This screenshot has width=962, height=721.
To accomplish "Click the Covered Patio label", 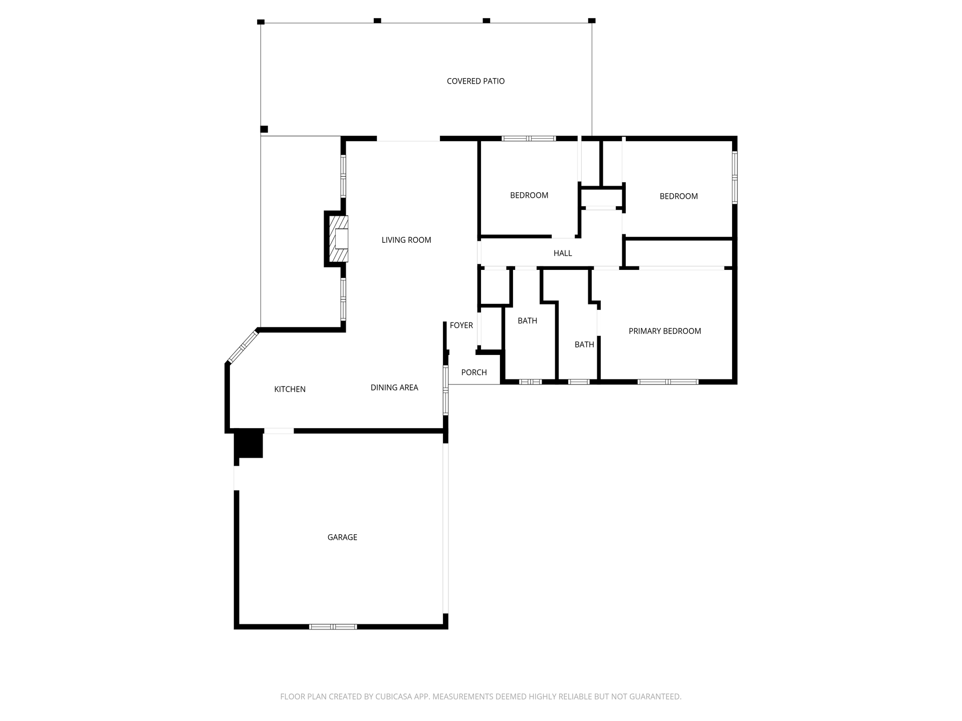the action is (475, 81).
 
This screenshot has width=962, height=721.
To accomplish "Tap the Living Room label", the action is (406, 240).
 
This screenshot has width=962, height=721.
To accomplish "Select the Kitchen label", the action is (290, 389).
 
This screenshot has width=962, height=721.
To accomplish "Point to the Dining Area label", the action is (394, 388).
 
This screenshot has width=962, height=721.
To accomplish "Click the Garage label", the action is (342, 537).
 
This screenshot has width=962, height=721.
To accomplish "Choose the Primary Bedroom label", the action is (665, 331).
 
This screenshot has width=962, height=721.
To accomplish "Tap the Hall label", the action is (563, 253).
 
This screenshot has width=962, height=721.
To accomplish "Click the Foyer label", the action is (461, 325).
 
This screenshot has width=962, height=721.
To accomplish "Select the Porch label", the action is (474, 373).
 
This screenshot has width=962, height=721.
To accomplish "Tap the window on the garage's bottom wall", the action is (333, 626).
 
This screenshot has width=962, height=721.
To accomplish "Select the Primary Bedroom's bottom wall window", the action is (668, 382).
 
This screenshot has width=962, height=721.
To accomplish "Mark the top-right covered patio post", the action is (592, 21).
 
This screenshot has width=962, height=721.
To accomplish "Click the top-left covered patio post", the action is (261, 22).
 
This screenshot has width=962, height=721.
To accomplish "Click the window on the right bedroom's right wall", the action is (735, 177).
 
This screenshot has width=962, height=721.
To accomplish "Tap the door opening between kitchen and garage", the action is (279, 431).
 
